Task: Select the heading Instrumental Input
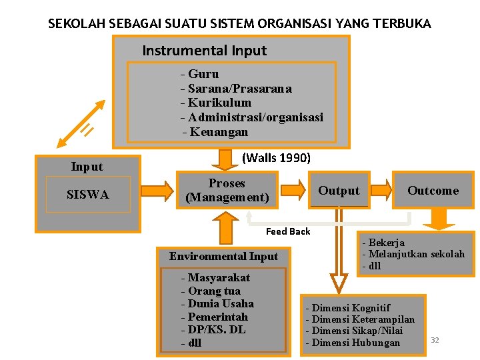[x=204, y=51]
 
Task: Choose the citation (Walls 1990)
[x=276, y=158]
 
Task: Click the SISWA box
[x=88, y=195]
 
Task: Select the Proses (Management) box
[x=227, y=190]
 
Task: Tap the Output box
[x=339, y=191]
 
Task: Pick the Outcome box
[x=433, y=191]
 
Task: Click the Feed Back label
[x=288, y=231]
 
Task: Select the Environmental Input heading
[x=223, y=256]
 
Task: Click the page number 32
[x=435, y=340]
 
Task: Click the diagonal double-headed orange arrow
[x=81, y=123]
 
